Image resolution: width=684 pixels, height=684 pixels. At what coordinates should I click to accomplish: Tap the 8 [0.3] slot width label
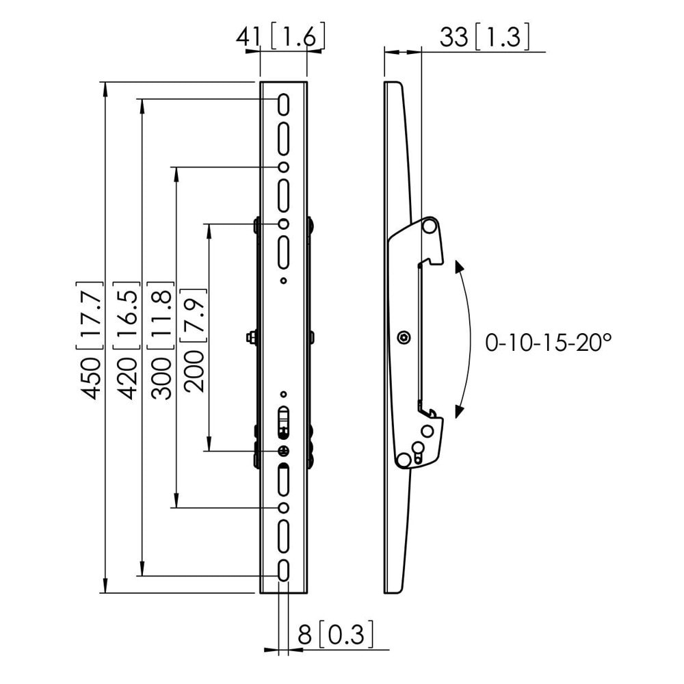pyautogui.click(x=337, y=634)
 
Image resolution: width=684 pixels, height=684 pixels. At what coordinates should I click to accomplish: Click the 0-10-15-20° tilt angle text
pyautogui.click(x=548, y=343)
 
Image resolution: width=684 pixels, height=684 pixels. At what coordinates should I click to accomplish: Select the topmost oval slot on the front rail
pyautogui.click(x=284, y=104)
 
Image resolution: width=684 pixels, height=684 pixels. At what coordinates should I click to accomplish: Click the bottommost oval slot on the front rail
pyautogui.click(x=284, y=570)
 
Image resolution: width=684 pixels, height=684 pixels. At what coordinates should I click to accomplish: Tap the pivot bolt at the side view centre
pyautogui.click(x=404, y=337)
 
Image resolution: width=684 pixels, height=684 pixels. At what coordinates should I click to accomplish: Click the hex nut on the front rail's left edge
pyautogui.click(x=252, y=337)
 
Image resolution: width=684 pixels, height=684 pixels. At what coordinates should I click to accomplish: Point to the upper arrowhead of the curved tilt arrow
pyautogui.click(x=459, y=266)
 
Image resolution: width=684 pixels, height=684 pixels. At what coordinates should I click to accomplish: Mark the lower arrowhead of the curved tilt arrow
pyautogui.click(x=459, y=412)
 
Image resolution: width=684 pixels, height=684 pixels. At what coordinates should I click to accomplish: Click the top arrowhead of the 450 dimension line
pyautogui.click(x=105, y=88)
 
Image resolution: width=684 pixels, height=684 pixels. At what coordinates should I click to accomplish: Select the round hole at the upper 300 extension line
pyautogui.click(x=284, y=167)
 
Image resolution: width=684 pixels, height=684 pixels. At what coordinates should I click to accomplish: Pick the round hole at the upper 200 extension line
pyautogui.click(x=284, y=224)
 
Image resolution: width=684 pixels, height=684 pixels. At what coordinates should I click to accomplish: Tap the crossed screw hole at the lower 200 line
pyautogui.click(x=284, y=451)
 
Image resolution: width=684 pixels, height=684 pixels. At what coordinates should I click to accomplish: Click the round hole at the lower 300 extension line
pyautogui.click(x=284, y=508)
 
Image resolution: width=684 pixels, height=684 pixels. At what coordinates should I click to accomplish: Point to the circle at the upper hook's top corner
pyautogui.click(x=429, y=226)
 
